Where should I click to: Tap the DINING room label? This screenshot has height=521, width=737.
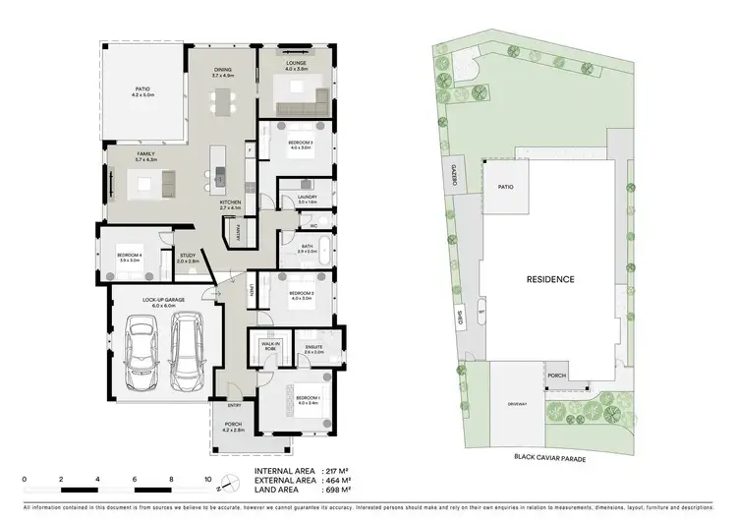(224, 72)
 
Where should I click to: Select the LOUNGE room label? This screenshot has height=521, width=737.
(297, 63)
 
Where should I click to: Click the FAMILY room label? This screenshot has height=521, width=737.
(145, 156)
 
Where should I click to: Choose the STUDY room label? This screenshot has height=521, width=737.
(187, 256)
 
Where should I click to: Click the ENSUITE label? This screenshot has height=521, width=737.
(313, 347)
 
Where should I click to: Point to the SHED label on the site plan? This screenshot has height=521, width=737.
(460, 318)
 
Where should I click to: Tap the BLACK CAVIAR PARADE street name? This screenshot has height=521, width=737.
(558, 457)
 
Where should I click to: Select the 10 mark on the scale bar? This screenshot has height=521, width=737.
(208, 481)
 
